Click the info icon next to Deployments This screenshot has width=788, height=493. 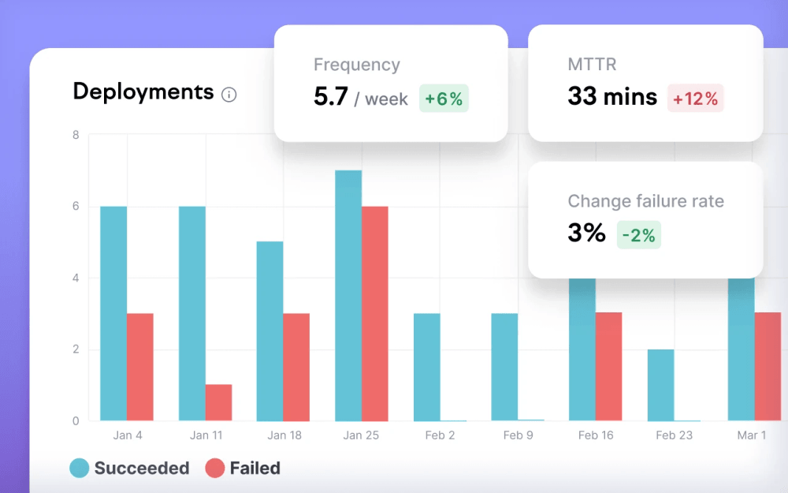point(229,95)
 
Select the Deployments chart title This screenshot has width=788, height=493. point(143,92)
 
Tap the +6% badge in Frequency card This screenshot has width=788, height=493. point(444,99)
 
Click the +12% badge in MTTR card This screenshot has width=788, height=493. point(695,99)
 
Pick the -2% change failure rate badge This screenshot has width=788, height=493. point(638,234)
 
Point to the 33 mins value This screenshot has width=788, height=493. point(611,97)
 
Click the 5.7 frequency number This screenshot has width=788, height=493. point(331,97)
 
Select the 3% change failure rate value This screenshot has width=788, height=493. point(586,233)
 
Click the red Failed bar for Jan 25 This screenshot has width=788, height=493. point(374,313)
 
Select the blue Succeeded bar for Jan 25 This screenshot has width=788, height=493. point(348,296)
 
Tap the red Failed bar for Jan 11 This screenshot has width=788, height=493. point(218,402)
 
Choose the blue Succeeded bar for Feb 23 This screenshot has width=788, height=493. point(660,385)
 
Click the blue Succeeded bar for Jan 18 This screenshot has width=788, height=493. point(269,331)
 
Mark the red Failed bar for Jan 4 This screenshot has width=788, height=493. point(139,367)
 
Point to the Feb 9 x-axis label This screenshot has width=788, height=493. point(518,435)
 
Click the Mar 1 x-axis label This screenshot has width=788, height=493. point(751,435)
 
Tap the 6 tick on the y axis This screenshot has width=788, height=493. point(76,207)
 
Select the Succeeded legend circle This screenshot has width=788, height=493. point(80,469)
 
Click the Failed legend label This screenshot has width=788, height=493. point(255,469)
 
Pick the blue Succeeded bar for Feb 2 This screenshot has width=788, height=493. point(426,367)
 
